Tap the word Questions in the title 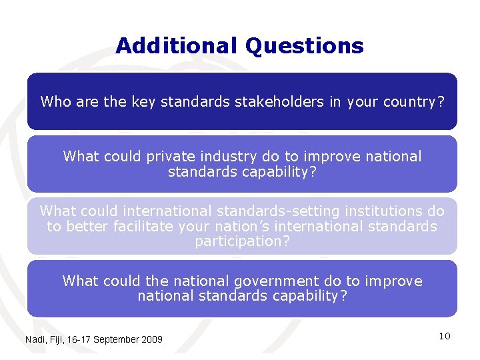[x=304, y=46]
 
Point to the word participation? [x=242, y=241]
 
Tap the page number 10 [x=445, y=336]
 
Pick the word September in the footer [x=117, y=339]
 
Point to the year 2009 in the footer [x=153, y=339]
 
